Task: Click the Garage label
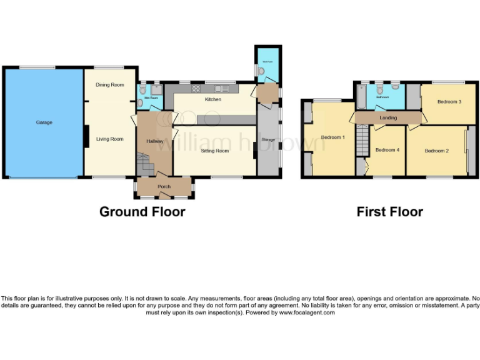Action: click(44, 122)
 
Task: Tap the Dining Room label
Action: click(109, 84)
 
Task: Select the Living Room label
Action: click(109, 139)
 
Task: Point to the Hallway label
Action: click(155, 141)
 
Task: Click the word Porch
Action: click(164, 186)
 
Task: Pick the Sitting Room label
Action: click(214, 151)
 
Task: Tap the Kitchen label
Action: click(213, 99)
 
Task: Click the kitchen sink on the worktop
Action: click(221, 89)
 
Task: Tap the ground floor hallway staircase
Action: click(145, 165)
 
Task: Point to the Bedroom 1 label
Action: click(333, 137)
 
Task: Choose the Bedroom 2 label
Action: click(437, 151)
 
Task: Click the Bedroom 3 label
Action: click(449, 101)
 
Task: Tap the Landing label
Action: click(387, 117)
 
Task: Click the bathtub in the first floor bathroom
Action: click(362, 97)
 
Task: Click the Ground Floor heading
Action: click(142, 212)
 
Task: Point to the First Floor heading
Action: click(389, 212)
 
